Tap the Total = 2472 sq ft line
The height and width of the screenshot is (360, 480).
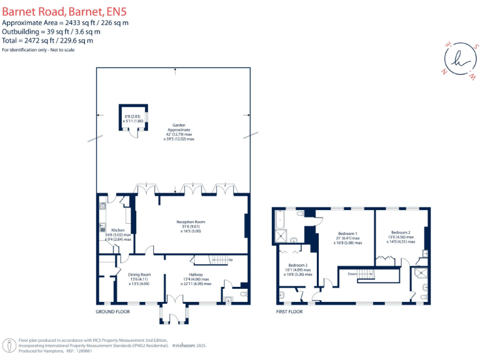pos(47,41)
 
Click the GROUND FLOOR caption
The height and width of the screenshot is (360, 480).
pos(112,311)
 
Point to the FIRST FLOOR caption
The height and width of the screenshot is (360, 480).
pos(289,311)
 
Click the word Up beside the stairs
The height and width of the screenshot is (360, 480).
pos(231,259)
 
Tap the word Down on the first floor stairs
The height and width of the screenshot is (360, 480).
pos(352,272)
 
